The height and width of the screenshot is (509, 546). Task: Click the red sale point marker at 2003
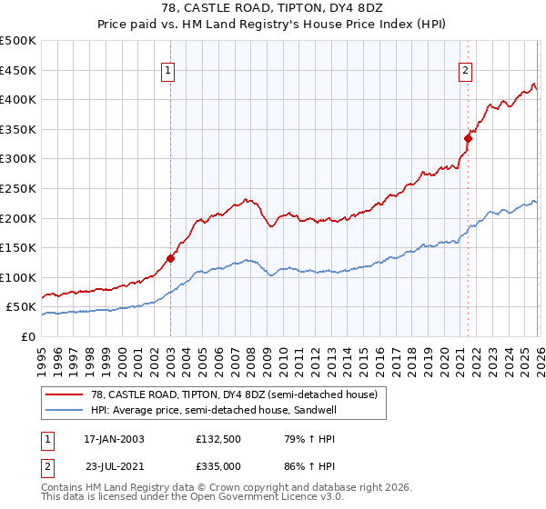[x=170, y=257]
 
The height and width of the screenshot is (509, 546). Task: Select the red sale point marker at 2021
[x=468, y=138]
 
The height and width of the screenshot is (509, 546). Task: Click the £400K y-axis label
[x=18, y=99]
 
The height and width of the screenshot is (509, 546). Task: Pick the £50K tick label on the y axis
[x=22, y=307]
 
